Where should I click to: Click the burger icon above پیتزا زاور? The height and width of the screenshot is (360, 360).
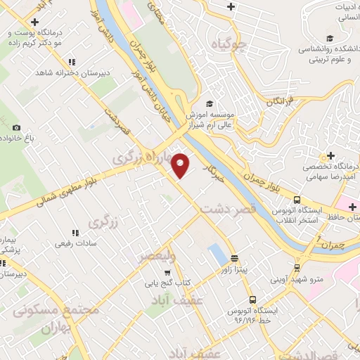click(234, 258)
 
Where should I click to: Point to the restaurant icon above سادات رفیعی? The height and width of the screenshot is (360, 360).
click(75, 233)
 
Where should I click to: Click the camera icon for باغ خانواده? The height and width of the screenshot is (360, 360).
click(16, 128)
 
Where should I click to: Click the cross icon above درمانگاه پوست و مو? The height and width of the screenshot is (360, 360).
click(34, 22)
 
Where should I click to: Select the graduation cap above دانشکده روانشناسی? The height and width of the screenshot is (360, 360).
click(329, 39)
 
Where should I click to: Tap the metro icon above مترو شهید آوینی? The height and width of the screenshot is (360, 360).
click(297, 268)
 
